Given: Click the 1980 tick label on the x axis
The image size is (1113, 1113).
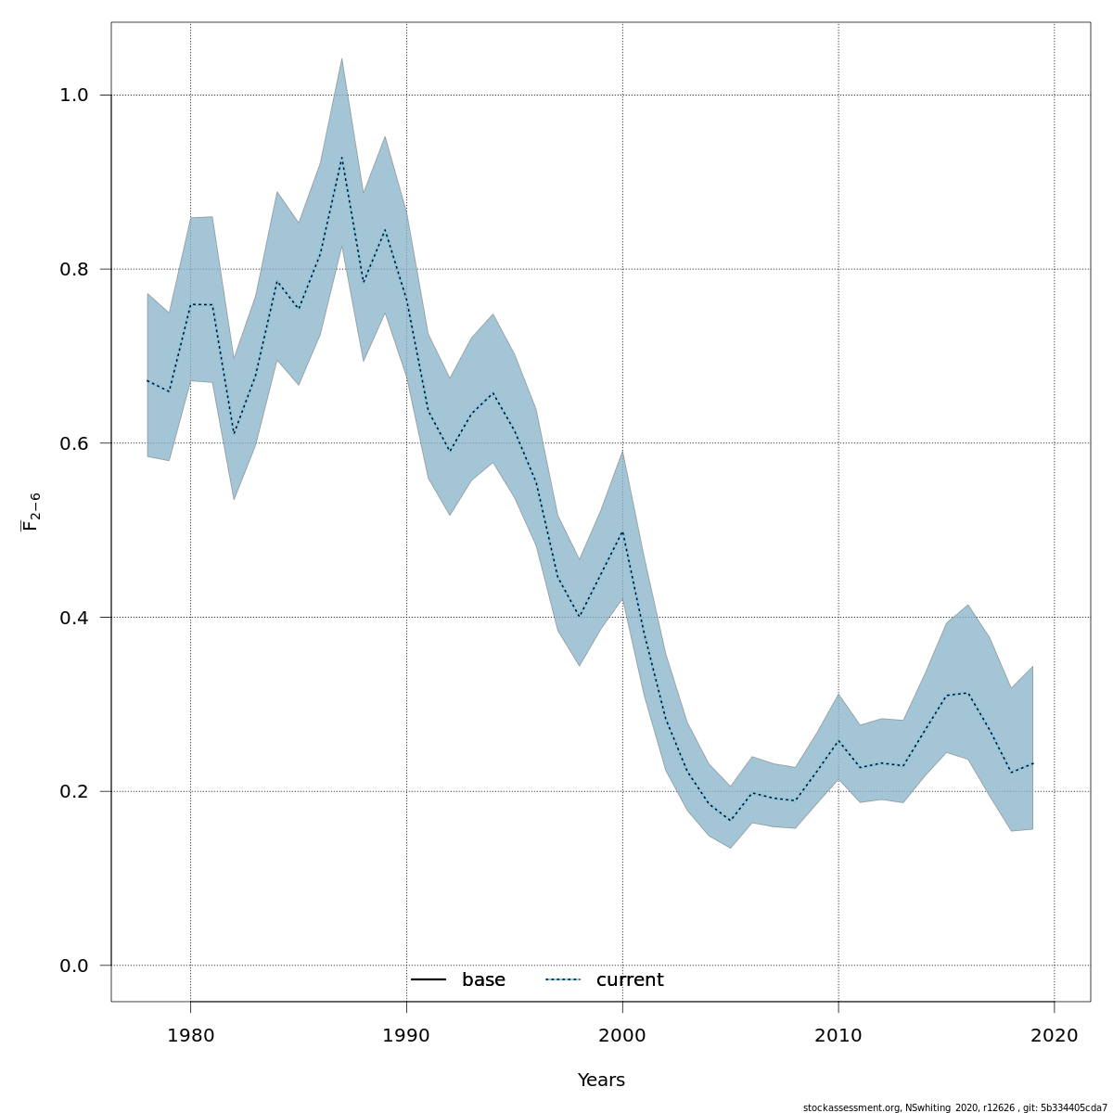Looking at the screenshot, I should coord(190,1035).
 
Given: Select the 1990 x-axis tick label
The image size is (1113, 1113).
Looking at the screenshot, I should coord(406,1035).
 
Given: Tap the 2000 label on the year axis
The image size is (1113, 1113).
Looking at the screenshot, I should coord(622,1035).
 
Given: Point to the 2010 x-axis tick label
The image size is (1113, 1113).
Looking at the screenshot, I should coord(838,1035).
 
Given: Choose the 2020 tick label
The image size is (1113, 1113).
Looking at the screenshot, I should coord(1055,1035).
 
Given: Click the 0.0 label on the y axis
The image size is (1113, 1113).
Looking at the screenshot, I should coord(74,966).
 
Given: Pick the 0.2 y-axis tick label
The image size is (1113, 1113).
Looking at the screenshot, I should coord(74,791).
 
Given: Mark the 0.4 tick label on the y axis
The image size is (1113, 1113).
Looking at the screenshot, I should coord(74,618).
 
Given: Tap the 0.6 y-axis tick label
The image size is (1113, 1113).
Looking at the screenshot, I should coord(74,443).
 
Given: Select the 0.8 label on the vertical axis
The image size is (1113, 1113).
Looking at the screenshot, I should coord(74,269).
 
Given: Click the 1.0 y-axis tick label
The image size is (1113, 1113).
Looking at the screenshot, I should coord(74,96).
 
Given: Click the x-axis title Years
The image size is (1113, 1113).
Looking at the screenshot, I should coord(601,1081).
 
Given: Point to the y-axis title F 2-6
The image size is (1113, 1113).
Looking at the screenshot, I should coord(31,512).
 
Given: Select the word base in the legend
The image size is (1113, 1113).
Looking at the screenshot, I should coord(483,980).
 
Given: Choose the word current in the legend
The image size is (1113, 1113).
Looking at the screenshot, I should coord(630,980).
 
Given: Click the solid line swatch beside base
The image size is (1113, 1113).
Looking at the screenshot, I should coord(429,980).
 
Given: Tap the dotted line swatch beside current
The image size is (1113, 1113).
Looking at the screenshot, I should coord(562,980).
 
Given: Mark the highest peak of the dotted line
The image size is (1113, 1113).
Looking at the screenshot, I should coord(341,158).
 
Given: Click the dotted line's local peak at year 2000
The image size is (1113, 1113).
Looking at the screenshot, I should coord(622,532).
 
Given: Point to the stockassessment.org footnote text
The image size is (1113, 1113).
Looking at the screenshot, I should coord(954,1107).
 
